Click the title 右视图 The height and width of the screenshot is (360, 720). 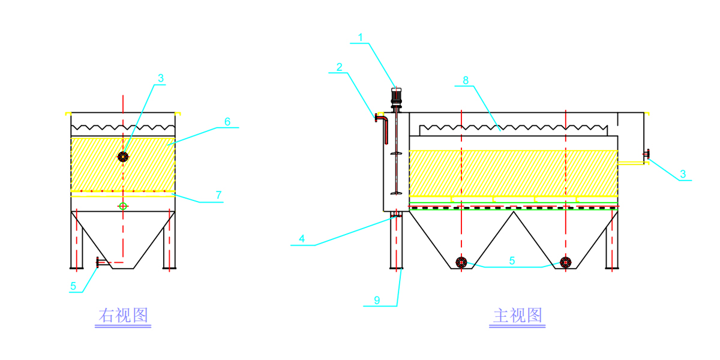[123, 316]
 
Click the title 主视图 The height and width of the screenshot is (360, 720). [517, 316]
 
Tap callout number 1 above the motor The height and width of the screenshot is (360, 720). [361, 37]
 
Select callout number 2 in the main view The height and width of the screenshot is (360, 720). [340, 67]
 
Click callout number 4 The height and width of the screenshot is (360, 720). [302, 238]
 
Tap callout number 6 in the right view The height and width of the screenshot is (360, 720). [227, 121]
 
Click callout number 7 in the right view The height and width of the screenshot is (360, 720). [219, 195]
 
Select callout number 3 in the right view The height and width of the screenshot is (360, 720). [160, 78]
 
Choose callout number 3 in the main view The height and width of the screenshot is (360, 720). [683, 175]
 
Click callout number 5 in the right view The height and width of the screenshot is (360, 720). [73, 286]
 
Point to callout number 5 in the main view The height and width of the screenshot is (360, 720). [512, 261]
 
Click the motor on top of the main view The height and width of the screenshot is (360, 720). [396, 98]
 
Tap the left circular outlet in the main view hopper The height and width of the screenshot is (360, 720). [461, 262]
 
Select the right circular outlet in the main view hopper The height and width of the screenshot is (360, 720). [566, 262]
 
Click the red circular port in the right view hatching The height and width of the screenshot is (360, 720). [123, 157]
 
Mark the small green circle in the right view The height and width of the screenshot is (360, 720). [123, 206]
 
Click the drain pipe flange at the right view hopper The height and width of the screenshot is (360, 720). [98, 262]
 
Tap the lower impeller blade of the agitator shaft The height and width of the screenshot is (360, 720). [395, 193]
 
